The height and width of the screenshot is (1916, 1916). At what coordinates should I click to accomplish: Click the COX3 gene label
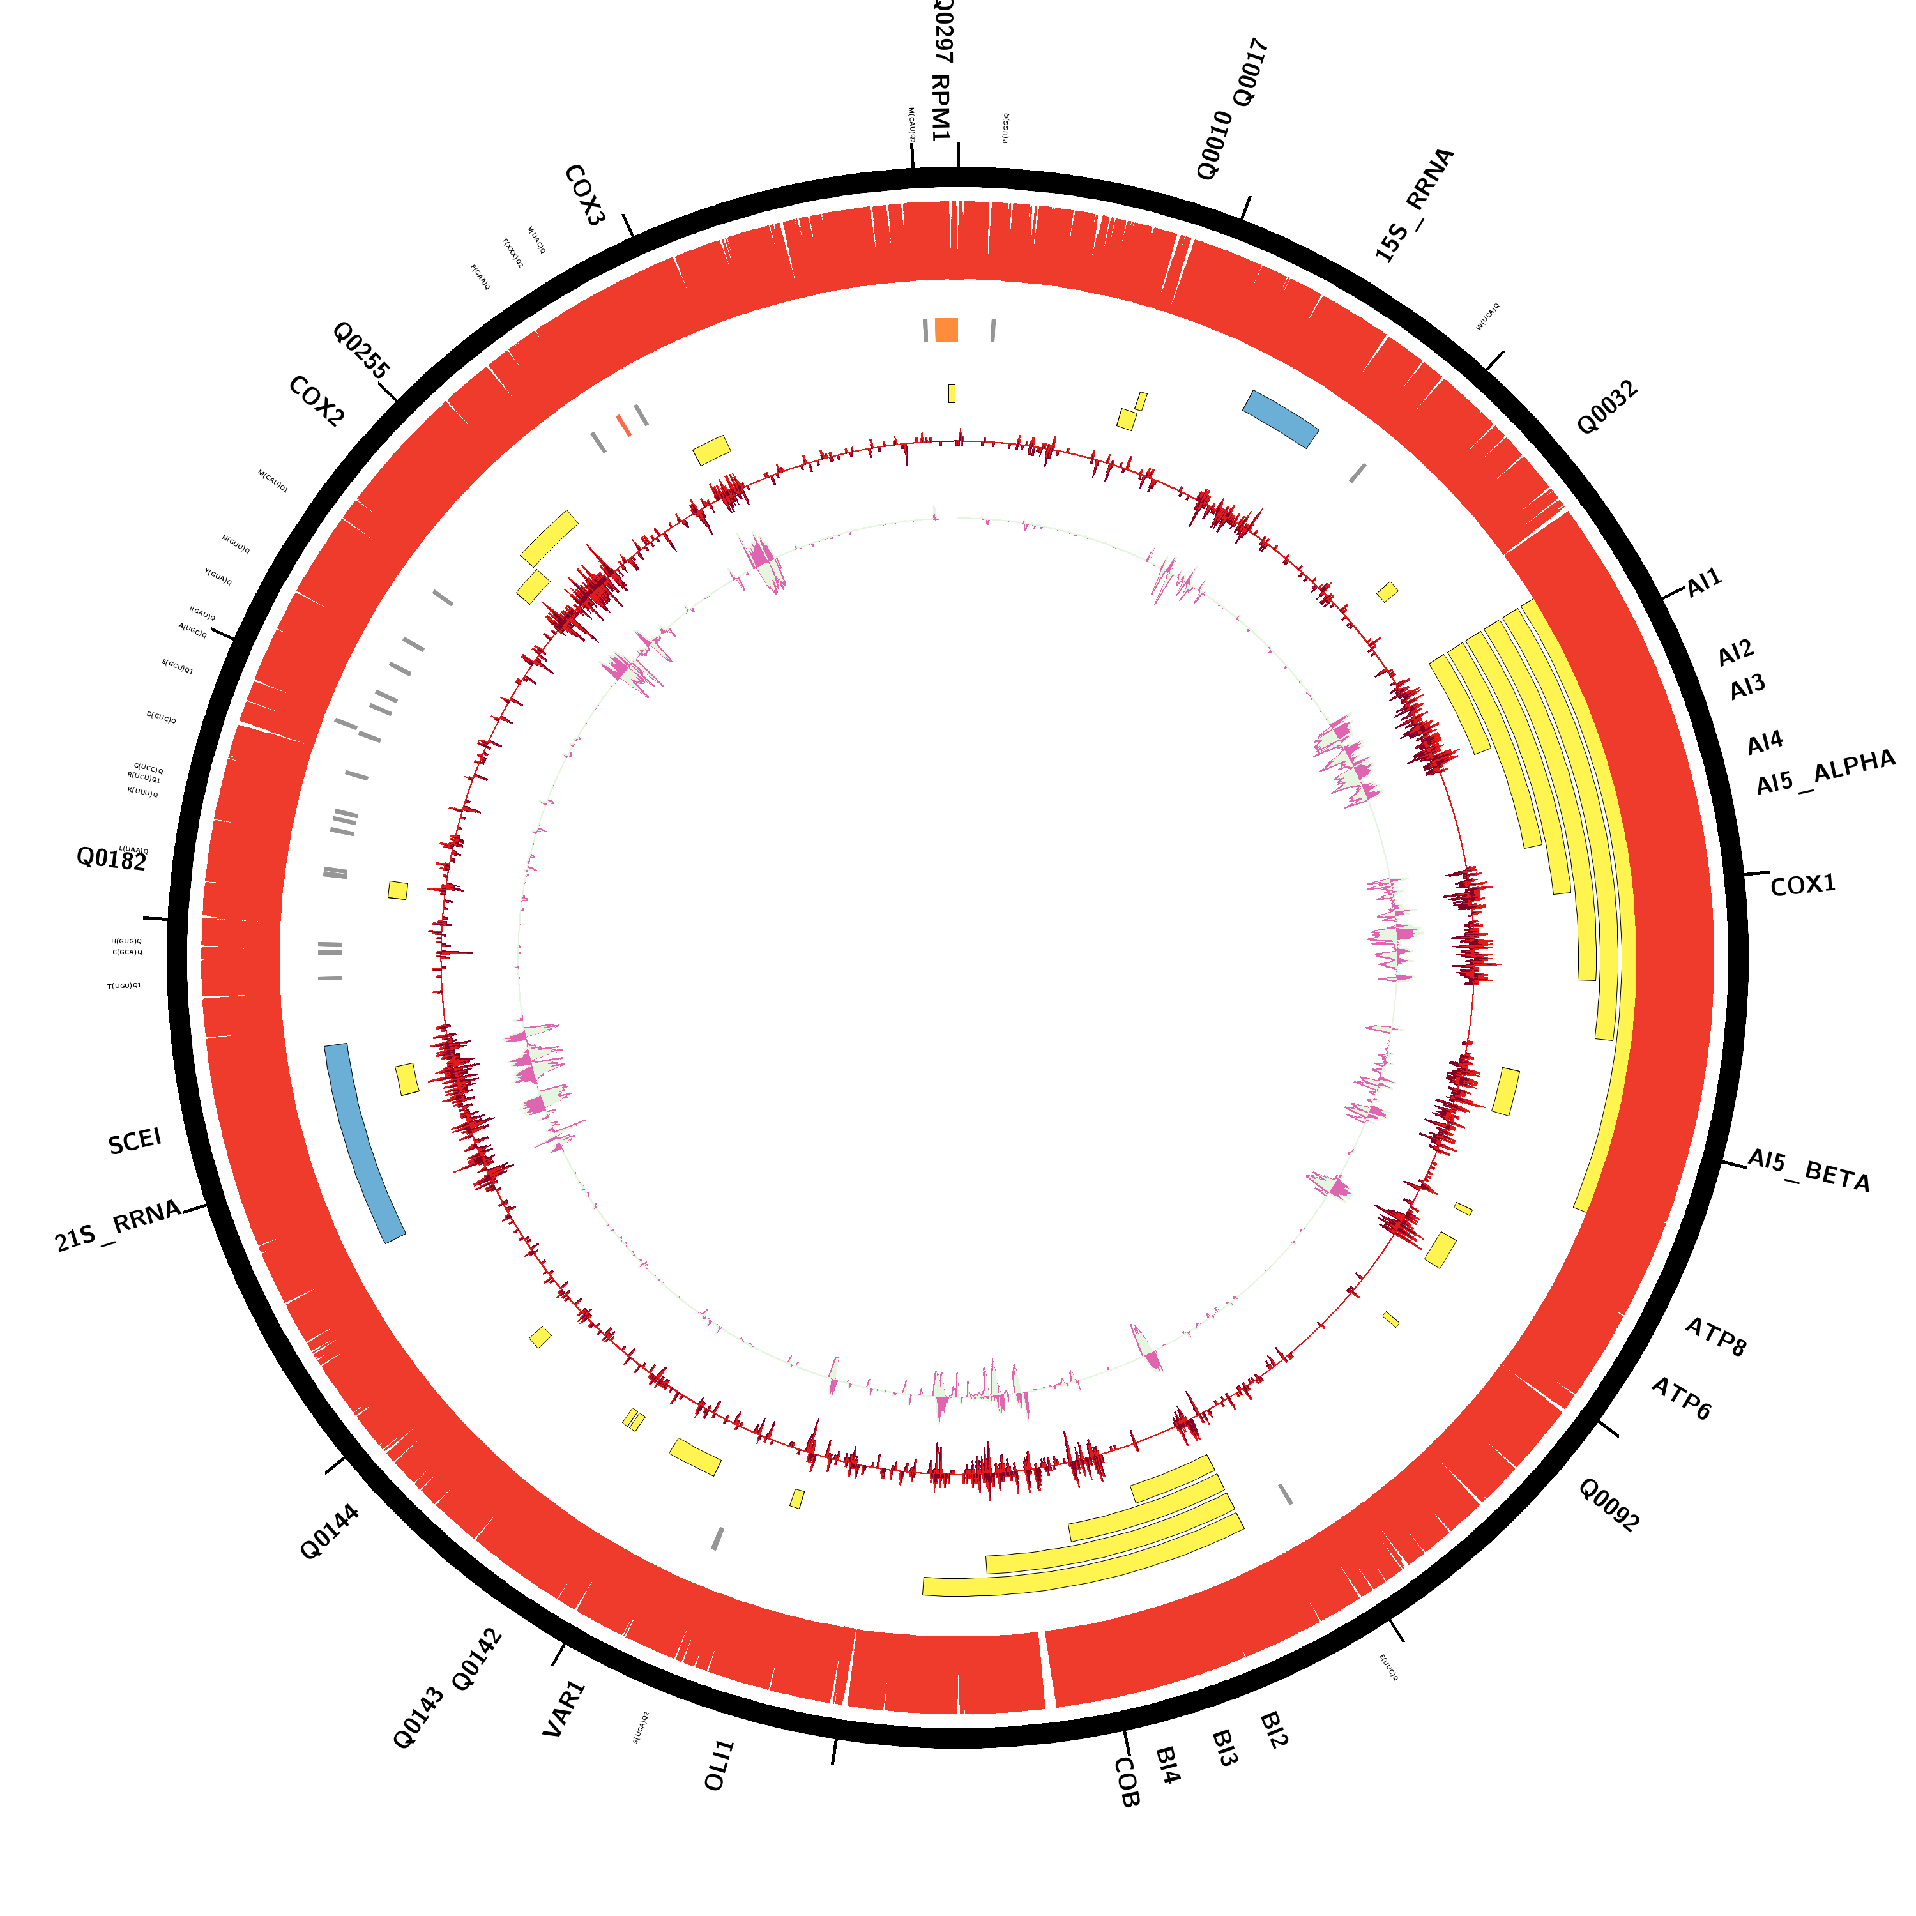pos(584,195)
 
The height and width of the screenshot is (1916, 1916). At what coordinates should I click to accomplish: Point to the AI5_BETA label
pos(1808,1170)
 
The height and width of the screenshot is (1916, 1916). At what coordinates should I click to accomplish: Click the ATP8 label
pos(1715,1336)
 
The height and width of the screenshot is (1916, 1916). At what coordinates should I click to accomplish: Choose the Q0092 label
pos(1609,1505)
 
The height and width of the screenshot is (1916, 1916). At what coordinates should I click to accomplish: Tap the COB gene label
pos(1127,1782)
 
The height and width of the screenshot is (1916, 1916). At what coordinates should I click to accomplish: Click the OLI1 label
pos(719,1765)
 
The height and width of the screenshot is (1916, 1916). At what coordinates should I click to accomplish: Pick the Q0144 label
pos(330,1532)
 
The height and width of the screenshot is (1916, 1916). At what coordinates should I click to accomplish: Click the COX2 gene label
pos(316,402)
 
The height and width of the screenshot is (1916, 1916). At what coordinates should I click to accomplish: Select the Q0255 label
pos(361,349)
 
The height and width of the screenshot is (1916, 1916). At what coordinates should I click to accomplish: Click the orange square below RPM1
pos(946,330)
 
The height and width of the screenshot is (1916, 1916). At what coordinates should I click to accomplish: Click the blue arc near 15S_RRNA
pos(1281,418)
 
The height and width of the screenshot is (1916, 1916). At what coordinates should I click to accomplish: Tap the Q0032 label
pos(1607,407)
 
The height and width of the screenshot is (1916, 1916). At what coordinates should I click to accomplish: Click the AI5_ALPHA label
pos(1825,773)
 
